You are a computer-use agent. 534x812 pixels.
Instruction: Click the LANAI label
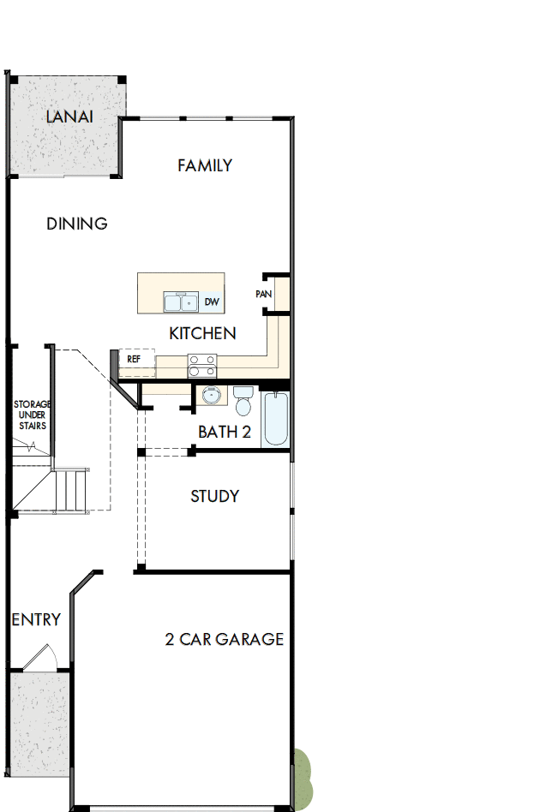pos(69,116)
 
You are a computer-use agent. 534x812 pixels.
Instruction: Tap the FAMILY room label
pos(205,165)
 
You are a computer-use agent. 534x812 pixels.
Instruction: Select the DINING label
pos(77,224)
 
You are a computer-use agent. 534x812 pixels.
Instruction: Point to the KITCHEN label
pos(202,333)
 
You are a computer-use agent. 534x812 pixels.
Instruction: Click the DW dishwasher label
pos(212,302)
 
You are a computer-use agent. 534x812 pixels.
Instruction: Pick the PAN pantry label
pos(263,295)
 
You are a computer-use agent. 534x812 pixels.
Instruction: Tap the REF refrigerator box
pos(135,360)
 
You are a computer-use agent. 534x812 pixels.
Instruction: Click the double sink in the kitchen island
pos(182,302)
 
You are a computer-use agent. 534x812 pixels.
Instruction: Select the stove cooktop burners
pos(202,366)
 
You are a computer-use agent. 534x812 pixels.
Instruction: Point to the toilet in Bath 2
pos(243,402)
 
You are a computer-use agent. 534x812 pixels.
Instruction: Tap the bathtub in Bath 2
pos(275,418)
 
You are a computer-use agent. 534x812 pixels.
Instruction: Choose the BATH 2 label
pos(225,432)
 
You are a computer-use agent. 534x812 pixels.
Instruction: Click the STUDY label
pos(214,496)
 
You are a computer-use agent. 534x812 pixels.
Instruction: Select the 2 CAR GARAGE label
pos(225,639)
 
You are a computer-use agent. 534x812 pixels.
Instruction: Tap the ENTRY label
pos(36,619)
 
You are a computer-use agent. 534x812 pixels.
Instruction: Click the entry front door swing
pos(39,658)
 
